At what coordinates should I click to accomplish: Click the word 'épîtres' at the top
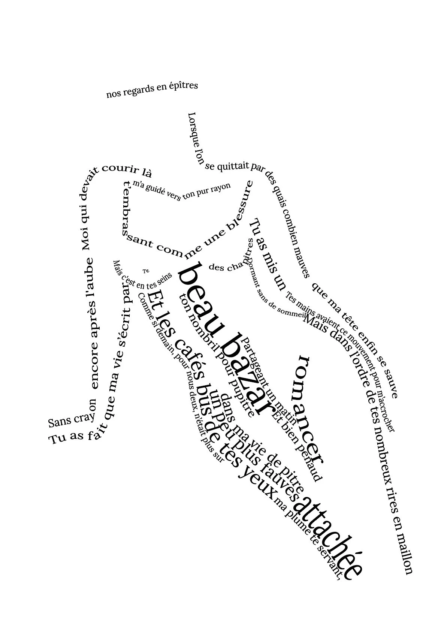pos(183,87)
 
